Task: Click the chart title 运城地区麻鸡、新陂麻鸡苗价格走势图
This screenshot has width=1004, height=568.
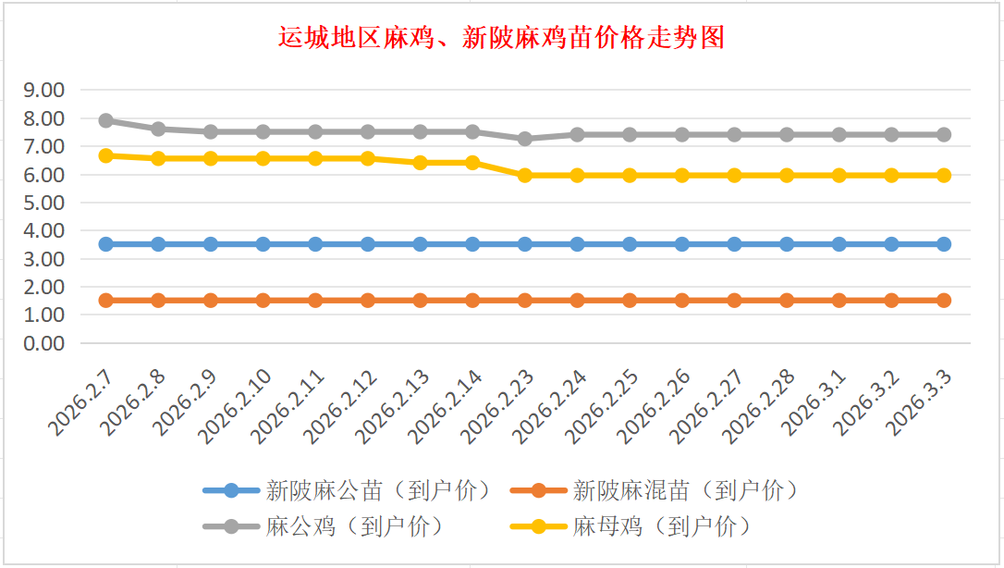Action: coord(501,38)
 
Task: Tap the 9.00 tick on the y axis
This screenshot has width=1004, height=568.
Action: coord(43,90)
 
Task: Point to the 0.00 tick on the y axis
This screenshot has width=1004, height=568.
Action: coord(43,343)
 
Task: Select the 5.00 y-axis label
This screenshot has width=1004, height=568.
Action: coord(43,203)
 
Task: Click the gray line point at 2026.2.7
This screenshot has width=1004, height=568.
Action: coord(106,120)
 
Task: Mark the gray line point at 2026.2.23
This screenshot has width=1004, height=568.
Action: coord(525,139)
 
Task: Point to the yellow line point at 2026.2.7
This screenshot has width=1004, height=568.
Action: coord(106,155)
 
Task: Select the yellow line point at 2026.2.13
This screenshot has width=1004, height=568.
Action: coord(421,162)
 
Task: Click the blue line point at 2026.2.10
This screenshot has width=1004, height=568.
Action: coord(263,244)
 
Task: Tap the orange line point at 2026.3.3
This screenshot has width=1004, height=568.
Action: coord(944,300)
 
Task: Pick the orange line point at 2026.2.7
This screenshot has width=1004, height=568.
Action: coord(106,300)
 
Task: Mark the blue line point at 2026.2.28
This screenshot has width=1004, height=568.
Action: coord(787,244)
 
